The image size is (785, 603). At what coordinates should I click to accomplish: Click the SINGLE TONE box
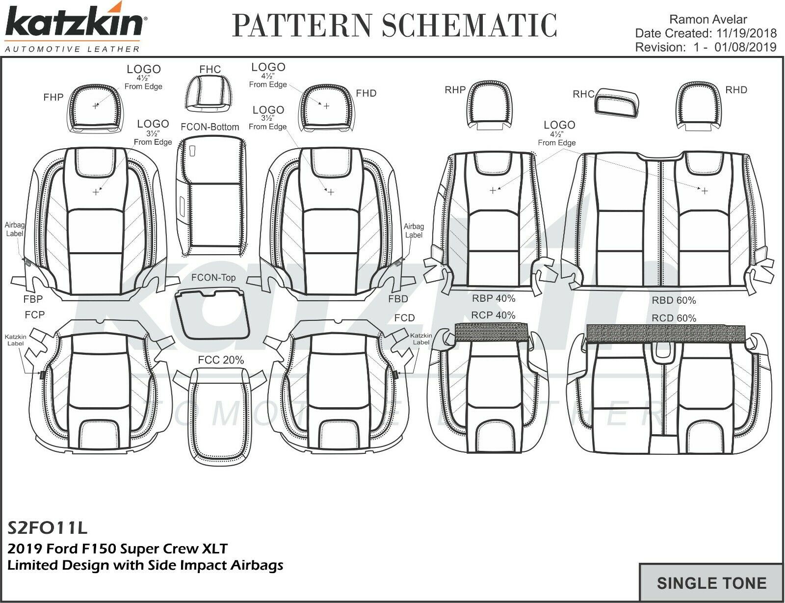point(711,583)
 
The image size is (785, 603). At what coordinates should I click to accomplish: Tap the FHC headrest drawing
point(210,93)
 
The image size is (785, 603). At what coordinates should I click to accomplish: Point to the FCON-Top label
point(213,278)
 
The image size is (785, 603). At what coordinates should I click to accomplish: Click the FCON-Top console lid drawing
point(212,314)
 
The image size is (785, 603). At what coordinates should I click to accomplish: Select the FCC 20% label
point(221,360)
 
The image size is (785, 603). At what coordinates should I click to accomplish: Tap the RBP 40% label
point(493,298)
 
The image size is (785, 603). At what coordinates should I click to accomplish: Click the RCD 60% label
point(674,318)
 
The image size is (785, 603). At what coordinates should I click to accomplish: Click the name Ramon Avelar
point(708,20)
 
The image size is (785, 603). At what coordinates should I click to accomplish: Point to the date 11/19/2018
point(746,33)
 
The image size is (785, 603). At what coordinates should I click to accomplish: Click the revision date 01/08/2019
point(746,47)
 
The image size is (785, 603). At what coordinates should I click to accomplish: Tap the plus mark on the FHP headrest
point(95,106)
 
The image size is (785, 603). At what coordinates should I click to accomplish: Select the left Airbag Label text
point(14,229)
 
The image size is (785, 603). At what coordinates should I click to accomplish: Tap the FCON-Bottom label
point(209,127)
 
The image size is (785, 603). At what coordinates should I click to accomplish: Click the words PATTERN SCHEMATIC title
point(394,26)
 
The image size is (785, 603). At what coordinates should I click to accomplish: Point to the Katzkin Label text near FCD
point(420,339)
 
